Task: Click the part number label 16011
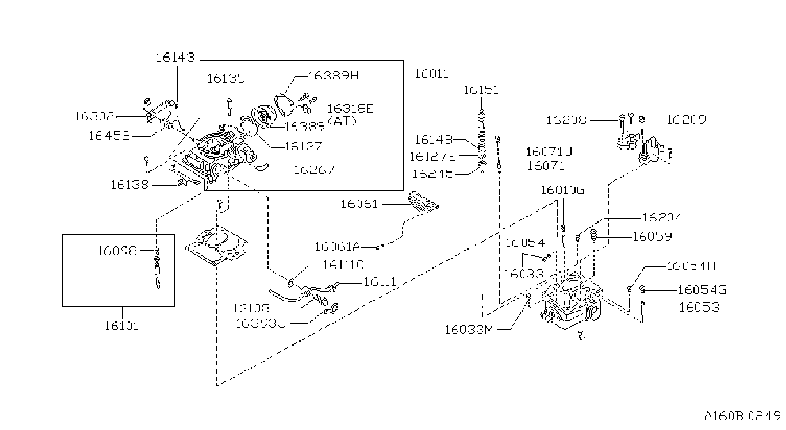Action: coord(432,74)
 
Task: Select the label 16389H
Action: coord(333,76)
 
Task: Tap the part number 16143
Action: coord(175,58)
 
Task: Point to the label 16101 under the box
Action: coord(122,326)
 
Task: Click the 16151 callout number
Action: coord(481,90)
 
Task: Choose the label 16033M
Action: coord(469,330)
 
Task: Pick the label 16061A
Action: coord(338,247)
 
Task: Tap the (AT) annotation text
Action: coord(342,121)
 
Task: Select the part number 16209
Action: coord(686,120)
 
